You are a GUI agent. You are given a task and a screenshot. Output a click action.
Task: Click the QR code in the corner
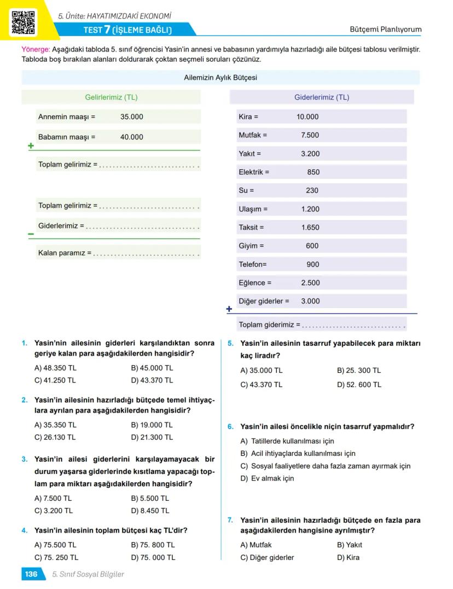tap(23, 22)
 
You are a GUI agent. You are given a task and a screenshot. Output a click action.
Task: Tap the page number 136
tap(31, 574)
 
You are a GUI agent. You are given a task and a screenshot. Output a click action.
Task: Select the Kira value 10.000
tap(307, 117)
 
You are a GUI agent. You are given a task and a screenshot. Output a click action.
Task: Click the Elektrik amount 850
tap(313, 172)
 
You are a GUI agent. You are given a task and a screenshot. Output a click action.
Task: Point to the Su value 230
tap(312, 190)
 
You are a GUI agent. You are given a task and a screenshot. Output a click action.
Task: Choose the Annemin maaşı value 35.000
tap(132, 117)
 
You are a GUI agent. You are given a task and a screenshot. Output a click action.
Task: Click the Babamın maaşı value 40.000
tap(132, 137)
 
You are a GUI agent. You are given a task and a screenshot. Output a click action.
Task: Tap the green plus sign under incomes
tap(31, 146)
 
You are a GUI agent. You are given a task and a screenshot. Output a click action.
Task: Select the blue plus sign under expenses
tap(229, 309)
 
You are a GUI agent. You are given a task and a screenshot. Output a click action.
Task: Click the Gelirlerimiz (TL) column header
tap(111, 97)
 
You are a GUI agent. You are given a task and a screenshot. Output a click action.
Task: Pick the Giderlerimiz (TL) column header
tap(322, 97)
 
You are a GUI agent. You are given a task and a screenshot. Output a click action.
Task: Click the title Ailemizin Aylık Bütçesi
tap(220, 78)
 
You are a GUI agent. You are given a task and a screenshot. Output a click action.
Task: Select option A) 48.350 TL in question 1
tap(55, 368)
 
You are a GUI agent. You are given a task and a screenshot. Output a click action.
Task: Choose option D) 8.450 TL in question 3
tap(150, 511)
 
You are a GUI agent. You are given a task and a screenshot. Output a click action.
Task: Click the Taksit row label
tap(251, 227)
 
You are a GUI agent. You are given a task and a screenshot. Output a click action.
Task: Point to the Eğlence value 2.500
tap(310, 282)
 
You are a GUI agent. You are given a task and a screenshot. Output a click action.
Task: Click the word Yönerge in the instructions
tap(36, 49)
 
